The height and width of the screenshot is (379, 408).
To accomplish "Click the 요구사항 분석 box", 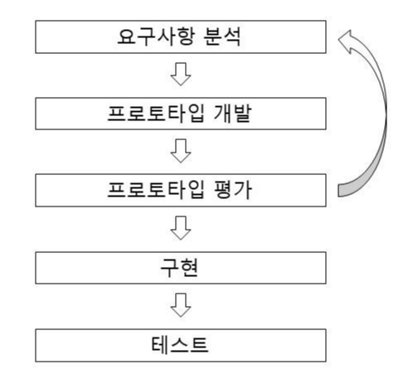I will tap(182, 39).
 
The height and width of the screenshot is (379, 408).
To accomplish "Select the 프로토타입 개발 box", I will tap(182, 114).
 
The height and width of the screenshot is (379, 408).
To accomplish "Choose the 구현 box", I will tap(182, 267).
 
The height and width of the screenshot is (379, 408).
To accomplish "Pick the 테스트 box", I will tap(182, 342).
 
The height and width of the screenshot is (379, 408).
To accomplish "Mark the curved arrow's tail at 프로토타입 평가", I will tap(344, 191).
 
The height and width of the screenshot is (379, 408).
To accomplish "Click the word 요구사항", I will tap(150, 39).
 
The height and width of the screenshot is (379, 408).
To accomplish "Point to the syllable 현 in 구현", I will tap(193, 267).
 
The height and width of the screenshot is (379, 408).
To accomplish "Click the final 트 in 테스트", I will tap(205, 342).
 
